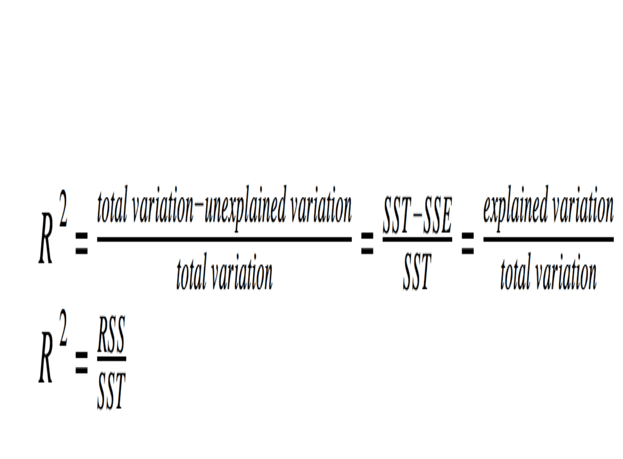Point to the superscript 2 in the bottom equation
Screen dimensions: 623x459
[63, 330]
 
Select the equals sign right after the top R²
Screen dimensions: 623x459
[81, 244]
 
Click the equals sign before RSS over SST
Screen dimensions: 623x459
[81, 364]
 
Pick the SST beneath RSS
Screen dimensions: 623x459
[111, 391]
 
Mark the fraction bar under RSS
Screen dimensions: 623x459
[111, 359]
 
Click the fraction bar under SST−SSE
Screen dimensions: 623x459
[417, 240]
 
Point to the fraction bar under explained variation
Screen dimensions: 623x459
[548, 239]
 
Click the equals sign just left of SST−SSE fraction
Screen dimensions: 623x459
[367, 244]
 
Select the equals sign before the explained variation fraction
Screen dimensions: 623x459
[467, 244]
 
